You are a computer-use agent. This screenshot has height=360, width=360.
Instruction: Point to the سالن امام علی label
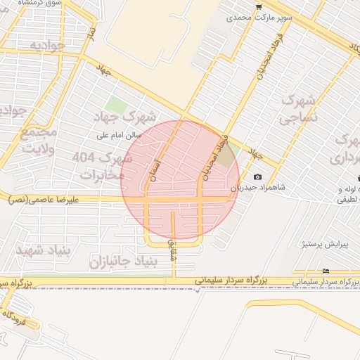click(x=120, y=134)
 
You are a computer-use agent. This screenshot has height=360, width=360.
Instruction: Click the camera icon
click(x=257, y=176)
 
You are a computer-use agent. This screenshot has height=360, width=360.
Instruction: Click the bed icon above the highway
click(x=325, y=271)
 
